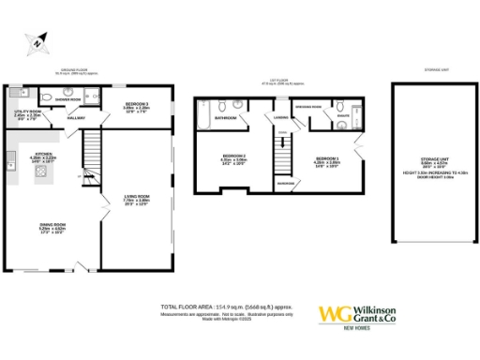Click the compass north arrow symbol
pos(36,41)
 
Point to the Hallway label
pos(75,118)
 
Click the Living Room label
pos(137,199)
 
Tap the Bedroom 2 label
pos(232,157)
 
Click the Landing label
pos(279,117)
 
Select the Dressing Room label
pos(310,108)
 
